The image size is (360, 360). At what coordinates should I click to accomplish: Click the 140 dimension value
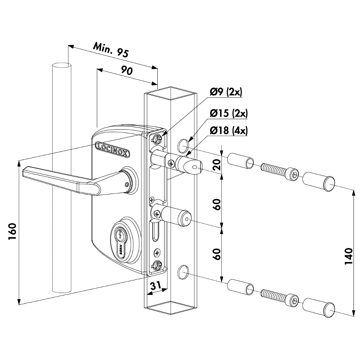tap(348, 257)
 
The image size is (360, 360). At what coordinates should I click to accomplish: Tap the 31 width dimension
tap(155, 286)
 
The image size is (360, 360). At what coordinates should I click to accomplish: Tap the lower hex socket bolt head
tap(293, 300)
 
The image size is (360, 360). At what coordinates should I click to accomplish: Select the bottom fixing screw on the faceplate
tap(157, 266)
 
